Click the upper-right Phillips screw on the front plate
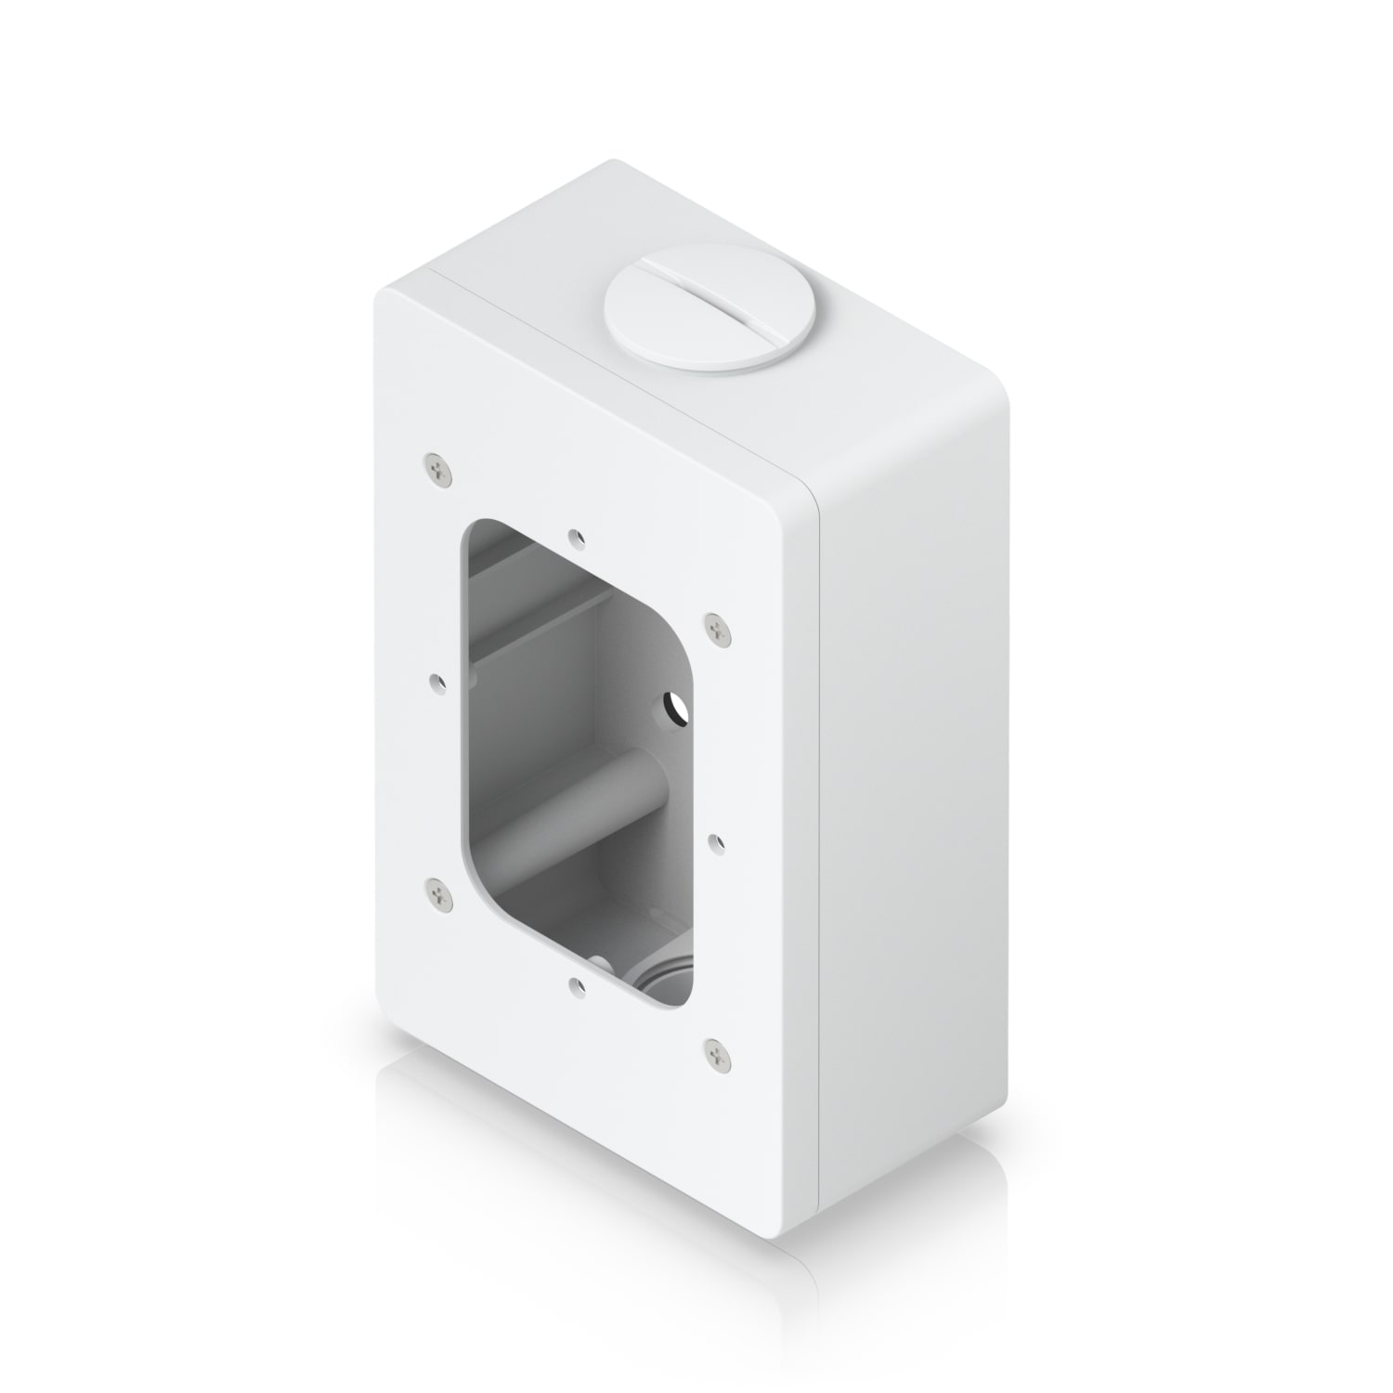[716, 630]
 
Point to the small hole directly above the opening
[578, 537]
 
